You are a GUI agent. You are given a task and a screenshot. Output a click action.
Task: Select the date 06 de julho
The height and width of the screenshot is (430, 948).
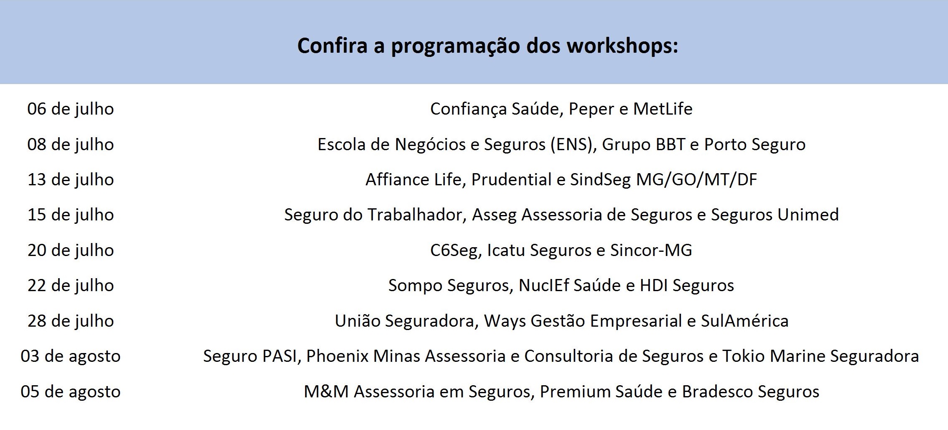(x=71, y=109)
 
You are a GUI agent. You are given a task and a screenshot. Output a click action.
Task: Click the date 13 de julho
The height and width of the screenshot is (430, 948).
(x=71, y=180)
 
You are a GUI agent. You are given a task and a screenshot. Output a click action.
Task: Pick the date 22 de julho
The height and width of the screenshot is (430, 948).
(x=71, y=286)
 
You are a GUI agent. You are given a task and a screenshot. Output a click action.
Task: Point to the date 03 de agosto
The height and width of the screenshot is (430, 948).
(x=71, y=356)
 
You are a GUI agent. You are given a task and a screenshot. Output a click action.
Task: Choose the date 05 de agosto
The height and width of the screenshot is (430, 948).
(x=71, y=392)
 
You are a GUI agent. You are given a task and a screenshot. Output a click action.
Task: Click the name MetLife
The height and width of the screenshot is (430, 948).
(x=663, y=109)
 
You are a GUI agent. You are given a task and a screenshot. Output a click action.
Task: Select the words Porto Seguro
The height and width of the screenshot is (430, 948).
(x=755, y=145)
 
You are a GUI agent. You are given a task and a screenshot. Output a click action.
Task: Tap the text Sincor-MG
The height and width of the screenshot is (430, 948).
(x=651, y=250)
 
